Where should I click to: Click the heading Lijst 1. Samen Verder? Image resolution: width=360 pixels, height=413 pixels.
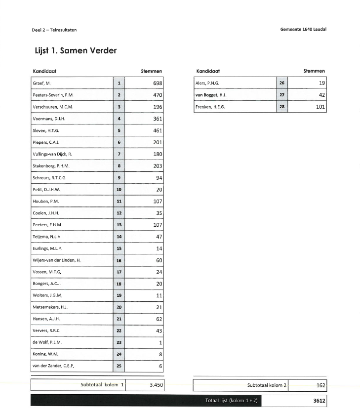coord(75,50)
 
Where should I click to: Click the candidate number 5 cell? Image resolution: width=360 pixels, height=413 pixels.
coord(119,130)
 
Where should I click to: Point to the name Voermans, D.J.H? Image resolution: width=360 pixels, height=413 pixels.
coord(49,119)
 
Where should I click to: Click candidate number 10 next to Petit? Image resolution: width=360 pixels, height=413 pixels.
coord(119,190)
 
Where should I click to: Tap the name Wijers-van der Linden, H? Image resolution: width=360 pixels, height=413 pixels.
coord(56,260)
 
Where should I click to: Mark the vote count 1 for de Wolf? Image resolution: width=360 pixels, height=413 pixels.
coord(160,343)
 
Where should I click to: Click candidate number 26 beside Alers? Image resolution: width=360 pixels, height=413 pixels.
coord(282,83)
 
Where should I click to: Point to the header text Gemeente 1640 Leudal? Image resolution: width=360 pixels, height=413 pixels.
coord(303,29)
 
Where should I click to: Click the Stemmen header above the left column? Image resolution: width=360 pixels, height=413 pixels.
coord(152,71)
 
